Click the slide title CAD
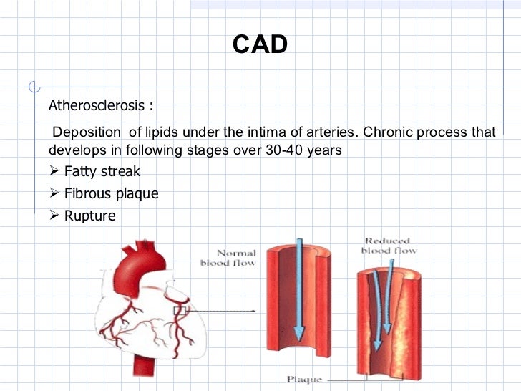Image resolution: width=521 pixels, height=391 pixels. point(260,45)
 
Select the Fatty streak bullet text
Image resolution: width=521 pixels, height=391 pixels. point(102,172)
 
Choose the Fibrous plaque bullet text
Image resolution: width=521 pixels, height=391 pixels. point(111,193)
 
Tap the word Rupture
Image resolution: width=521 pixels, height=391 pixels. point(89,216)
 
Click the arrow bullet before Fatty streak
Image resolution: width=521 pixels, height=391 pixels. point(54,172)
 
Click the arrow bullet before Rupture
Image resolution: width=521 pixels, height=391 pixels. point(54,216)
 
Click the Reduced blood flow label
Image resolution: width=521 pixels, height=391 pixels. point(389,246)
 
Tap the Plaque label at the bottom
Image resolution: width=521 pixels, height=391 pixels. point(304,380)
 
